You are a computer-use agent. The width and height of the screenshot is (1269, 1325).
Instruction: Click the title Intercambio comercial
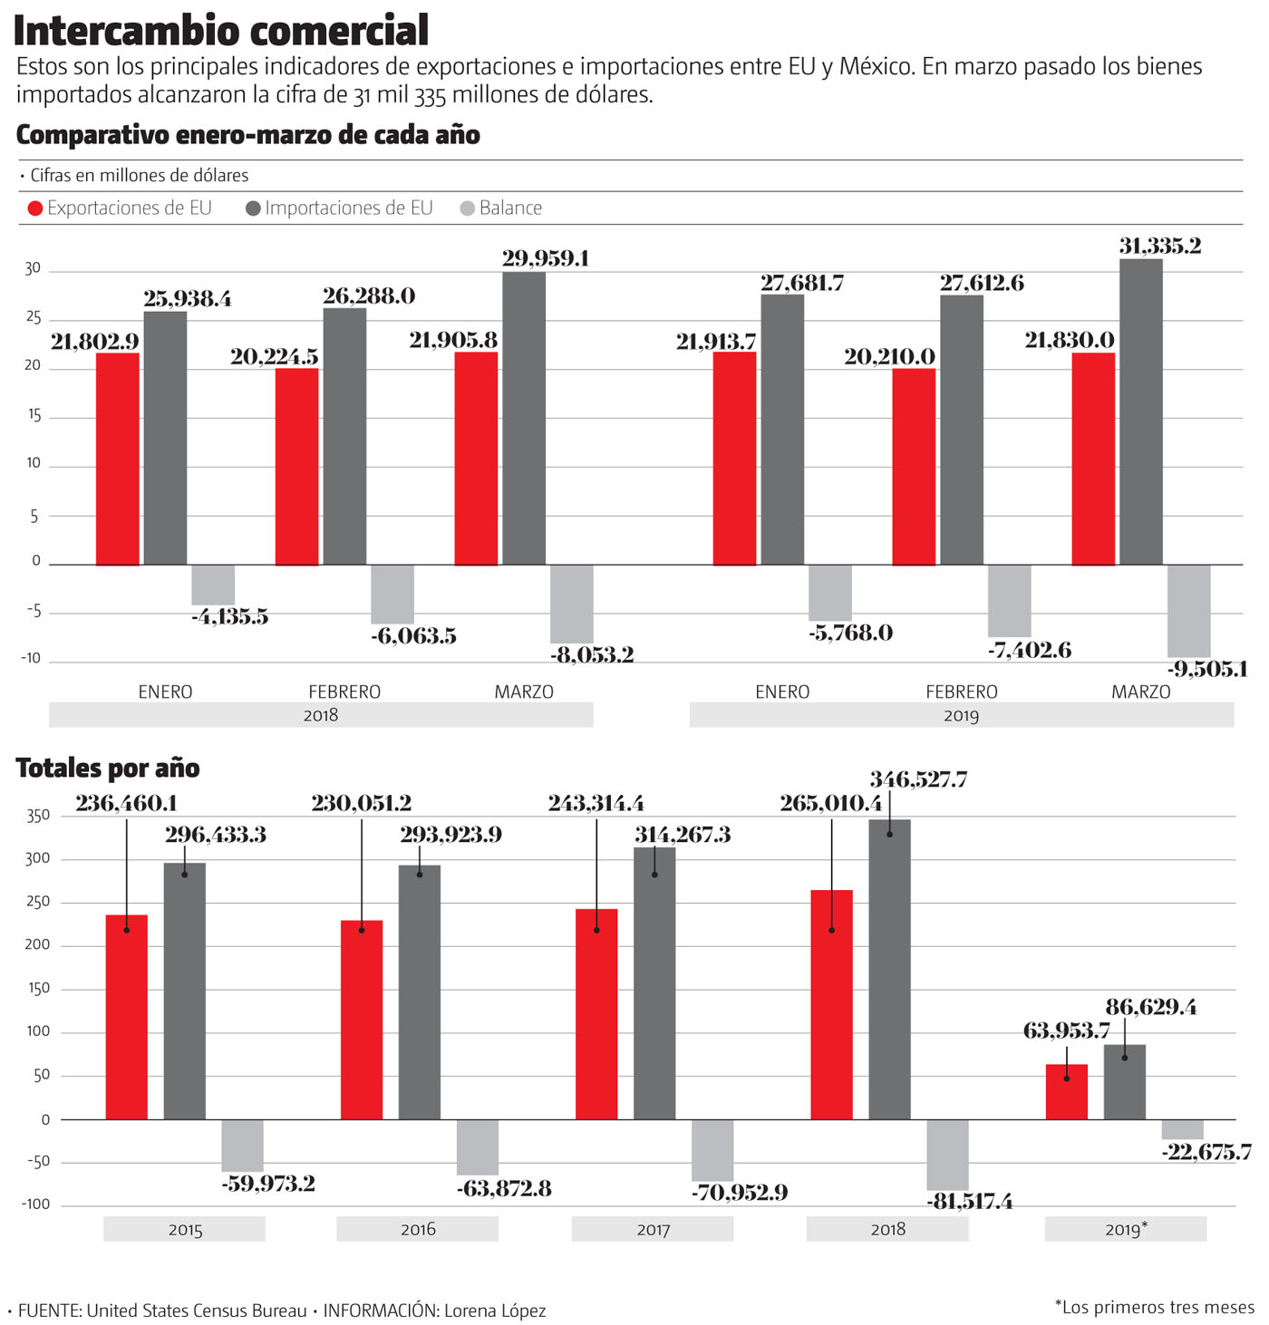pos(220,31)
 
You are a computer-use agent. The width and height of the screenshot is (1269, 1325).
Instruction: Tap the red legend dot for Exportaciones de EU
pos(35,208)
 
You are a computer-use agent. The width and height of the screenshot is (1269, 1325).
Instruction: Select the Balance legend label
pos(510,208)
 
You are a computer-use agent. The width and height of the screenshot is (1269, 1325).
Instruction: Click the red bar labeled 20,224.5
pos(296,466)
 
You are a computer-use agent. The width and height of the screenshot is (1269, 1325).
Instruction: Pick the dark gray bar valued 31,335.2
pos(1140,411)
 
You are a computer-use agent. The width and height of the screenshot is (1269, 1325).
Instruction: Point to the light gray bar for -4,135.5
pos(213,585)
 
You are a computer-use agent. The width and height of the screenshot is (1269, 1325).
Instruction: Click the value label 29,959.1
pos(546,259)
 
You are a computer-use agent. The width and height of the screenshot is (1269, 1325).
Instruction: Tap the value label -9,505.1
pos(1207,670)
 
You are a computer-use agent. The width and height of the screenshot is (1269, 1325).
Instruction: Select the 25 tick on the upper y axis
pos(34,318)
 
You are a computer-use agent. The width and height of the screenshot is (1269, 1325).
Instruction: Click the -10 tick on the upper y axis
pos(31,659)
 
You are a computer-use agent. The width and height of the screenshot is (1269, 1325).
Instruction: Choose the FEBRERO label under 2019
pos(961,692)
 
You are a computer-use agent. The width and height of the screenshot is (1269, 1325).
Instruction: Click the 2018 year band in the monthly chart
pos(321,715)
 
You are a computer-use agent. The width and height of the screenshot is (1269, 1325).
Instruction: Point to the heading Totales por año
pos(108,769)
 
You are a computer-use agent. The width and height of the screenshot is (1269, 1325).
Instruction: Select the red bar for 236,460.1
pos(127,1017)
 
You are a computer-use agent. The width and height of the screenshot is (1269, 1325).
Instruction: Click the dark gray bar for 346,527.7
pos(889,969)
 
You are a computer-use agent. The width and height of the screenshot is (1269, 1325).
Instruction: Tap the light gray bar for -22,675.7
pos(1182,1129)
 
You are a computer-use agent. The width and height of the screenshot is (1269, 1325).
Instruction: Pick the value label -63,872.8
pos(504,1188)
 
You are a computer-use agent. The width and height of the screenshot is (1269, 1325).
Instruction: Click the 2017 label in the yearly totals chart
pos(653,1230)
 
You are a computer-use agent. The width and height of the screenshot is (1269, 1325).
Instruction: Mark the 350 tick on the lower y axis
pos(38,816)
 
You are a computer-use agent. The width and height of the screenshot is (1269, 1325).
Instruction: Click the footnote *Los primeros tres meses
pos(1154,1307)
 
